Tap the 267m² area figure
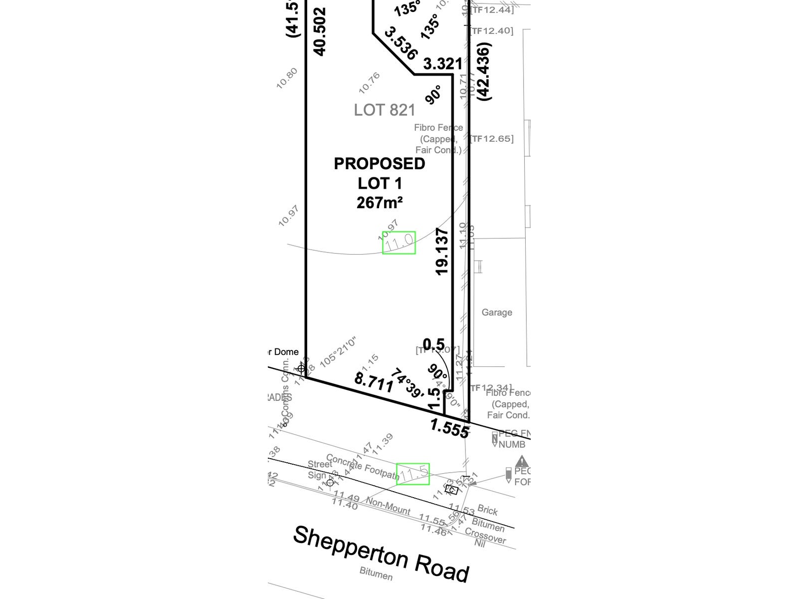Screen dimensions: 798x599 380,203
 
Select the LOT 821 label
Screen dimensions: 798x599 384,110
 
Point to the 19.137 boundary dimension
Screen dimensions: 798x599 442,252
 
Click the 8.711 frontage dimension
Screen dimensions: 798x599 374,383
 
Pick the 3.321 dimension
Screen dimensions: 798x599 443,64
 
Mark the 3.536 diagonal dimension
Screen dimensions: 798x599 400,43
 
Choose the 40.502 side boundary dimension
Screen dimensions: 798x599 319,31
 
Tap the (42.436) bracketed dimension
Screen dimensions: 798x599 484,71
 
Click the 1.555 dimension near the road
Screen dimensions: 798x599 449,428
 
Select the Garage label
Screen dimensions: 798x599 497,312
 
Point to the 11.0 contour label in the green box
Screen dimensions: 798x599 399,243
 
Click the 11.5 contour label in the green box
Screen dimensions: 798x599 413,474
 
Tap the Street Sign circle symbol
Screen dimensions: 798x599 330,482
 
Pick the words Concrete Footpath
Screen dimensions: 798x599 363,466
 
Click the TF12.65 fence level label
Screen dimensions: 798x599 492,139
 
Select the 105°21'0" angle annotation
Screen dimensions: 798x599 339,352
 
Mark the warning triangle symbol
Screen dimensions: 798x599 522,461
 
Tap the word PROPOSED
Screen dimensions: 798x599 379,164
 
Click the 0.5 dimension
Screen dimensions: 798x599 433,344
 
